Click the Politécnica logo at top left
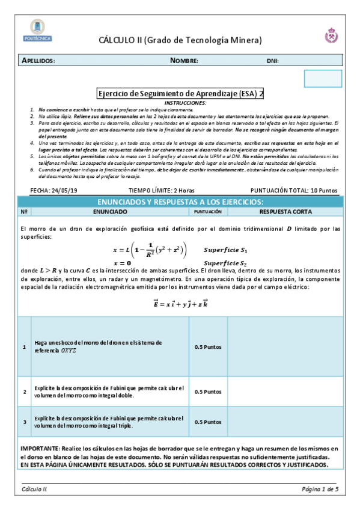pos(41,31)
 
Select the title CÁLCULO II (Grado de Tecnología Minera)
pos(180,40)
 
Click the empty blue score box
pos(323,79)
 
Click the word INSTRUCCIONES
pos(180,103)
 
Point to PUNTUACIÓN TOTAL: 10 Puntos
pos(293,190)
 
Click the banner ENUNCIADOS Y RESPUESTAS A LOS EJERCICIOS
pos(180,201)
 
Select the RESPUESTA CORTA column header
pos(285,212)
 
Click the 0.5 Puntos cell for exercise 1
pos(208,347)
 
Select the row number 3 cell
pos(24,422)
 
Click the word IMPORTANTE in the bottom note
pos(39,449)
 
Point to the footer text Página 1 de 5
pos(320,490)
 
